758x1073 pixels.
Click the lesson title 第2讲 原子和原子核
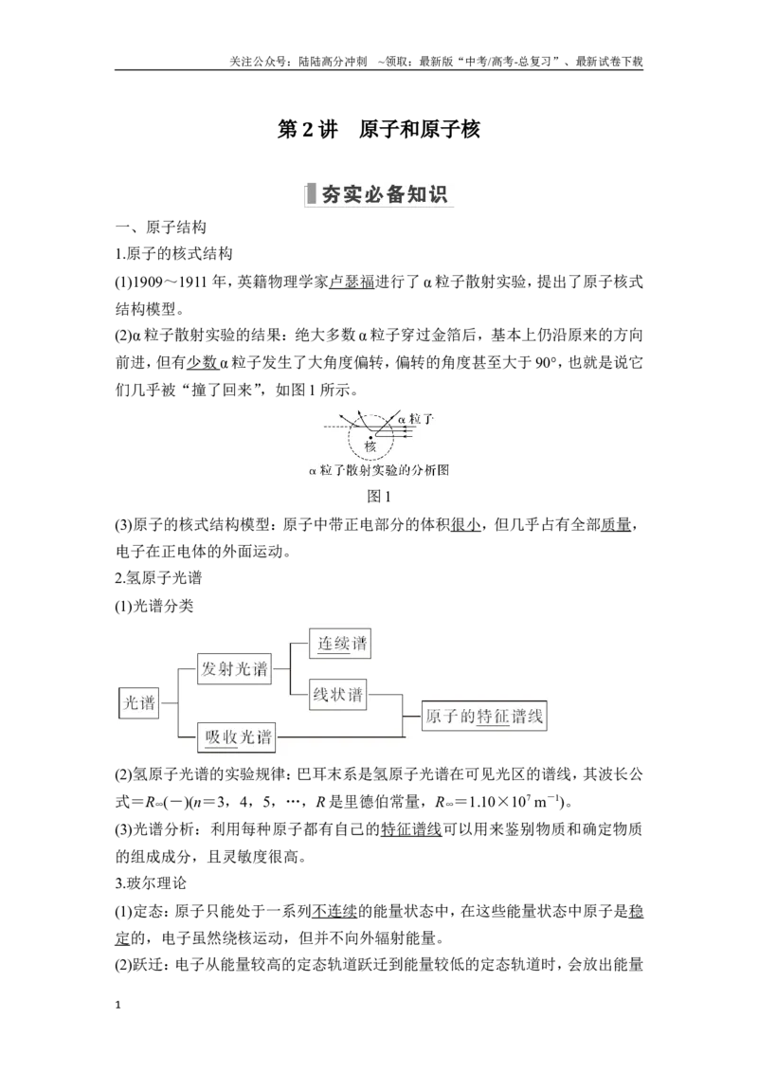[378, 129]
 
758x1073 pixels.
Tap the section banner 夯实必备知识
[378, 194]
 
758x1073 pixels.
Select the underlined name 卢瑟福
[352, 282]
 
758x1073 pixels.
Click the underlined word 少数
[202, 363]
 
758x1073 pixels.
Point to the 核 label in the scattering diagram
[370, 446]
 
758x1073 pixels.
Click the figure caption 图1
[378, 496]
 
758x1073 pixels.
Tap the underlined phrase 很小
[466, 525]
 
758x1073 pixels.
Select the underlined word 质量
[616, 525]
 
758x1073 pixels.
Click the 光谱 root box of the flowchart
[139, 702]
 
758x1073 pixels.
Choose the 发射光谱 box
[234, 668]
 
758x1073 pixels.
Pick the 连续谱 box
[340, 644]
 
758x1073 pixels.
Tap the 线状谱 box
[337, 695]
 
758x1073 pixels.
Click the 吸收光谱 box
[237, 737]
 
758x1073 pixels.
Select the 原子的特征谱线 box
[484, 716]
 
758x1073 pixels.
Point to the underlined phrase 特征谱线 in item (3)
[411, 829]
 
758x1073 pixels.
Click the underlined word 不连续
[334, 911]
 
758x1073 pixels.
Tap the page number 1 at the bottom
[118, 1006]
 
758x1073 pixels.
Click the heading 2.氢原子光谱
[159, 578]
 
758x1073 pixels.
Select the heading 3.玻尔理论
[151, 883]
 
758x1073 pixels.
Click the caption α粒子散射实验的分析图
[378, 470]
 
